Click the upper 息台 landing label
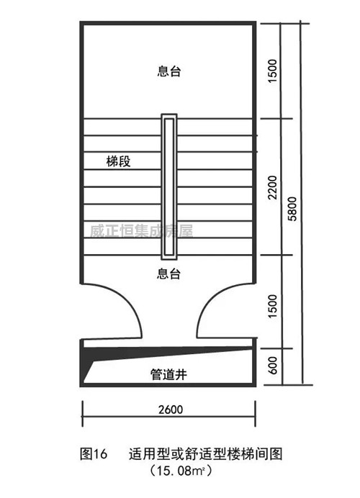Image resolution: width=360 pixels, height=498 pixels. point(168,71)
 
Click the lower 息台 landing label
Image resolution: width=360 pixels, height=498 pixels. point(168,273)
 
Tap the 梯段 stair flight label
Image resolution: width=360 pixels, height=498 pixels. point(118,161)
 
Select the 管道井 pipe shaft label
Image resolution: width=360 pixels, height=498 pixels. point(168,374)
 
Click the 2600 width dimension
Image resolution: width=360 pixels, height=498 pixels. point(171,409)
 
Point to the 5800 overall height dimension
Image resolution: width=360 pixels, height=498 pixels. point(292,209)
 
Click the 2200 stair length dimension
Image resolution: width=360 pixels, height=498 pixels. point(273,187)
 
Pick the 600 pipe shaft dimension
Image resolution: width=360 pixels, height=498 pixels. point(273,366)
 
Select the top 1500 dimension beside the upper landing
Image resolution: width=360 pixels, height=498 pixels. point(273,71)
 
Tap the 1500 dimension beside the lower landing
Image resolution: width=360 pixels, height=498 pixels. point(273,306)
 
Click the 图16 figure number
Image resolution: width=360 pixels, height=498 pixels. point(94,453)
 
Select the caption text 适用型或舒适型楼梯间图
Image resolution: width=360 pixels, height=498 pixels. point(205,453)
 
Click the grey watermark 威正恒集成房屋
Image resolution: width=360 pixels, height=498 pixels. point(141,231)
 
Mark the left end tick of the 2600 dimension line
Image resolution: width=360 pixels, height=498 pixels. point(83,414)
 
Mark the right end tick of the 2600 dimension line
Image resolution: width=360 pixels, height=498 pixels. point(255,414)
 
